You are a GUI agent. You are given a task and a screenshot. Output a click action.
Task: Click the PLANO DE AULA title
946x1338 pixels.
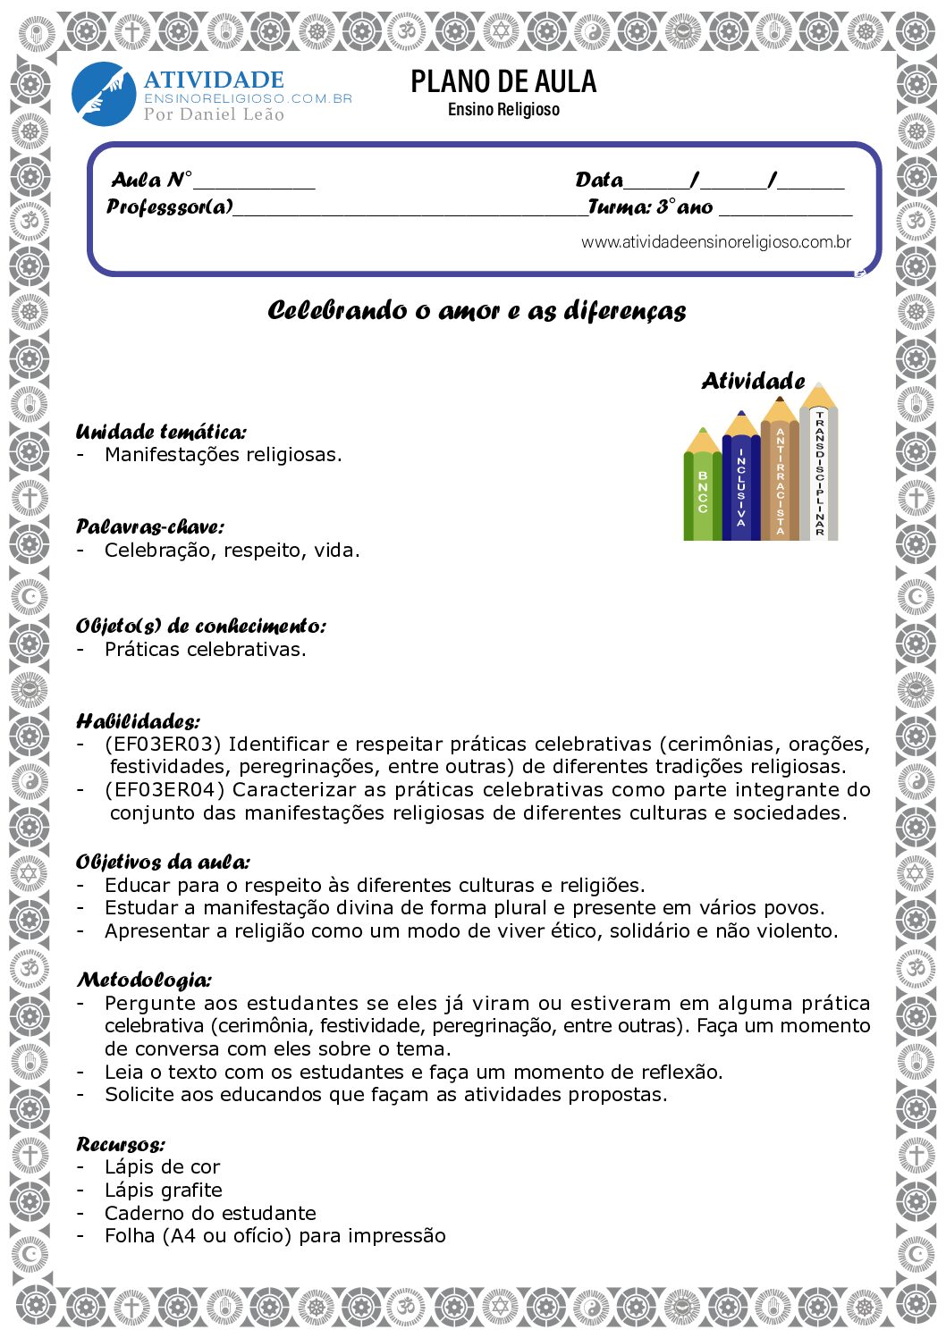(503, 81)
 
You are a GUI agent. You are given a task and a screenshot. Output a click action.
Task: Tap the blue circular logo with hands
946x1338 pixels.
(103, 93)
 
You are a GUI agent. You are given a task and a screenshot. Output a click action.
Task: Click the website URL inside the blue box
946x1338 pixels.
(715, 242)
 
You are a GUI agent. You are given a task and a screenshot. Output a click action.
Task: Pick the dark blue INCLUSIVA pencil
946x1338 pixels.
(740, 483)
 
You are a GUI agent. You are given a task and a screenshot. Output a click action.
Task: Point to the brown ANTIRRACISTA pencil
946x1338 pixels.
(780, 478)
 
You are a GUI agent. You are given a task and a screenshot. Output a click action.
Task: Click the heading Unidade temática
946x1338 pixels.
(161, 433)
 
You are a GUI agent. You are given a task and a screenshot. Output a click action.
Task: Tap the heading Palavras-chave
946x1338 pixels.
(149, 526)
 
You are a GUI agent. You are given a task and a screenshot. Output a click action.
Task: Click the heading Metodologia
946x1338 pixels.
(144, 980)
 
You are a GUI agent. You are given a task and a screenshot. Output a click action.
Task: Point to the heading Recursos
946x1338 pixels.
(121, 1144)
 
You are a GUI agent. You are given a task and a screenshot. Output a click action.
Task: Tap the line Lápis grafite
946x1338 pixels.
(163, 1190)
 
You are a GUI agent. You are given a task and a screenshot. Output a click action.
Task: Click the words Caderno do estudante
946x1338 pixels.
(210, 1213)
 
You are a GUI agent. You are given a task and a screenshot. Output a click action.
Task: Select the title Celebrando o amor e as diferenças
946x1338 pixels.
(477, 311)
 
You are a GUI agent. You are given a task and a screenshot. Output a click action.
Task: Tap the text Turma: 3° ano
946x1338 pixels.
(650, 207)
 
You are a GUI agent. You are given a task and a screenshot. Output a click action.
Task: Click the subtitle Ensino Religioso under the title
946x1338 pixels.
(503, 109)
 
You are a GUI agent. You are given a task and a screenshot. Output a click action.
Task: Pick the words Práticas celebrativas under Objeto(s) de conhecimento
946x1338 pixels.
(205, 650)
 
